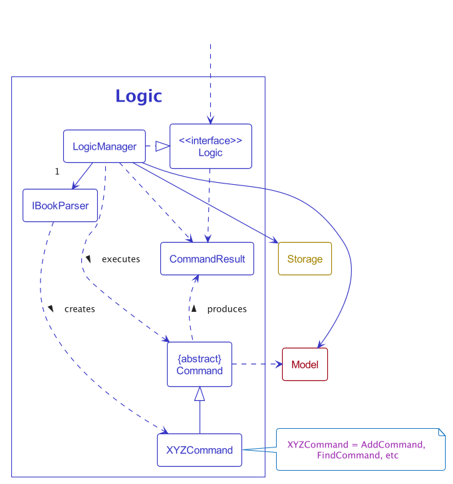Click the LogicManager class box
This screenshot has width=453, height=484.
pyautogui.click(x=104, y=146)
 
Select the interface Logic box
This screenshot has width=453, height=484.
pyautogui.click(x=210, y=146)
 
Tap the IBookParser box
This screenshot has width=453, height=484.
pyautogui.click(x=60, y=205)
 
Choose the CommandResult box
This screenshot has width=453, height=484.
pyautogui.click(x=207, y=259)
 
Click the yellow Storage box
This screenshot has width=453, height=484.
pyautogui.click(x=305, y=259)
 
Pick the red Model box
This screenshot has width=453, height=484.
pyautogui.click(x=305, y=364)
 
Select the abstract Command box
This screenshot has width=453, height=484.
pyautogui.click(x=200, y=364)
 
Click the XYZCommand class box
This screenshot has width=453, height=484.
pyautogui.click(x=200, y=450)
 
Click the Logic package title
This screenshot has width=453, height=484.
pyautogui.click(x=138, y=96)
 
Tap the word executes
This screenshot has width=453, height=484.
pyautogui.click(x=120, y=259)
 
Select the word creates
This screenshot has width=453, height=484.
pyautogui.click(x=79, y=309)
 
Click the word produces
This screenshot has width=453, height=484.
pyautogui.click(x=227, y=309)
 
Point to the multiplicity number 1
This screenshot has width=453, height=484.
pyautogui.click(x=57, y=172)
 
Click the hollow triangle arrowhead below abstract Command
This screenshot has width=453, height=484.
pyautogui.click(x=200, y=394)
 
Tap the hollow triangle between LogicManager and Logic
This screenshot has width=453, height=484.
pyautogui.click(x=162, y=146)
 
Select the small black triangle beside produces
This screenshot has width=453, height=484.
pyautogui.click(x=194, y=309)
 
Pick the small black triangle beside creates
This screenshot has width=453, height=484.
pyautogui.click(x=51, y=309)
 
